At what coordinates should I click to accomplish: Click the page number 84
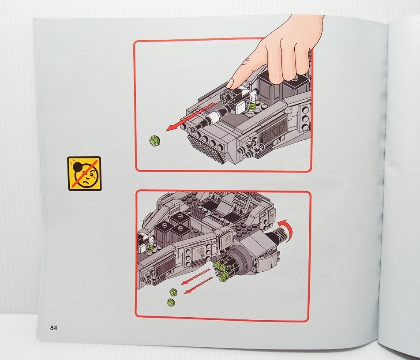pyautogui.click(x=53, y=328)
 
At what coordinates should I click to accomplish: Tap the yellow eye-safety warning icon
pyautogui.click(x=84, y=174)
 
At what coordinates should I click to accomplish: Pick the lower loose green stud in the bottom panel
pyautogui.click(x=171, y=302)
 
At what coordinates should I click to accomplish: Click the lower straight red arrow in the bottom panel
pyautogui.click(x=199, y=285)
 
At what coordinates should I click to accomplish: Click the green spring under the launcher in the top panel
pyautogui.click(x=251, y=106)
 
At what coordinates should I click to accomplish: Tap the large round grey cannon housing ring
pyautogui.click(x=240, y=257)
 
